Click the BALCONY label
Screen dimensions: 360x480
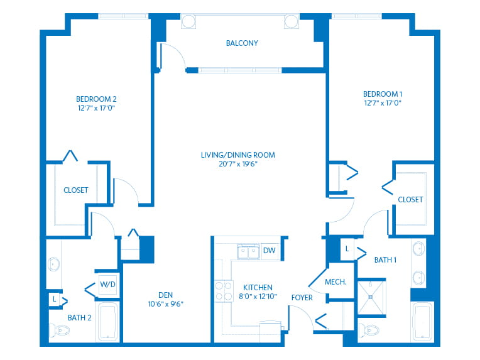tap(242, 43)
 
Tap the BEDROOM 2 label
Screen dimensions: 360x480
tap(96, 99)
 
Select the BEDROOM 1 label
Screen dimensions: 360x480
tap(383, 94)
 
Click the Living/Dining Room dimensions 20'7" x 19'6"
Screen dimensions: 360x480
tap(237, 164)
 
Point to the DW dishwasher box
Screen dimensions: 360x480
tap(269, 251)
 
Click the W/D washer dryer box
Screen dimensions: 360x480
tap(107, 285)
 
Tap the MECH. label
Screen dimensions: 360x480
tap(336, 282)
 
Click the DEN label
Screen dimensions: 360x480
tap(166, 295)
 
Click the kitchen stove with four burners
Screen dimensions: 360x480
tap(223, 291)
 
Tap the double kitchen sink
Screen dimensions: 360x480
tap(249, 252)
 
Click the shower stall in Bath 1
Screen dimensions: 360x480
tap(373, 297)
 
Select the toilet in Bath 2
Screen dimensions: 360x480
tap(55, 330)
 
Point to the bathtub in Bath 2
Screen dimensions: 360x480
tap(107, 322)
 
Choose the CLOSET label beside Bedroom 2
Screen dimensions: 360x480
tap(75, 190)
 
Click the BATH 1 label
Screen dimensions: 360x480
tap(385, 259)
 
